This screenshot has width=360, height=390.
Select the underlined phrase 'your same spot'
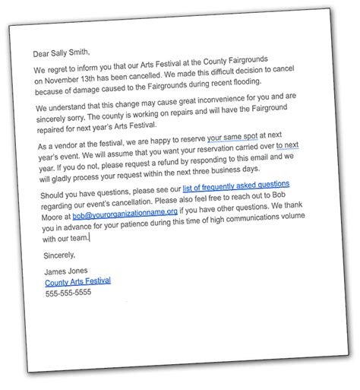tap(238, 138)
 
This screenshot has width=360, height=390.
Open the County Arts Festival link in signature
tap(78, 282)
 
